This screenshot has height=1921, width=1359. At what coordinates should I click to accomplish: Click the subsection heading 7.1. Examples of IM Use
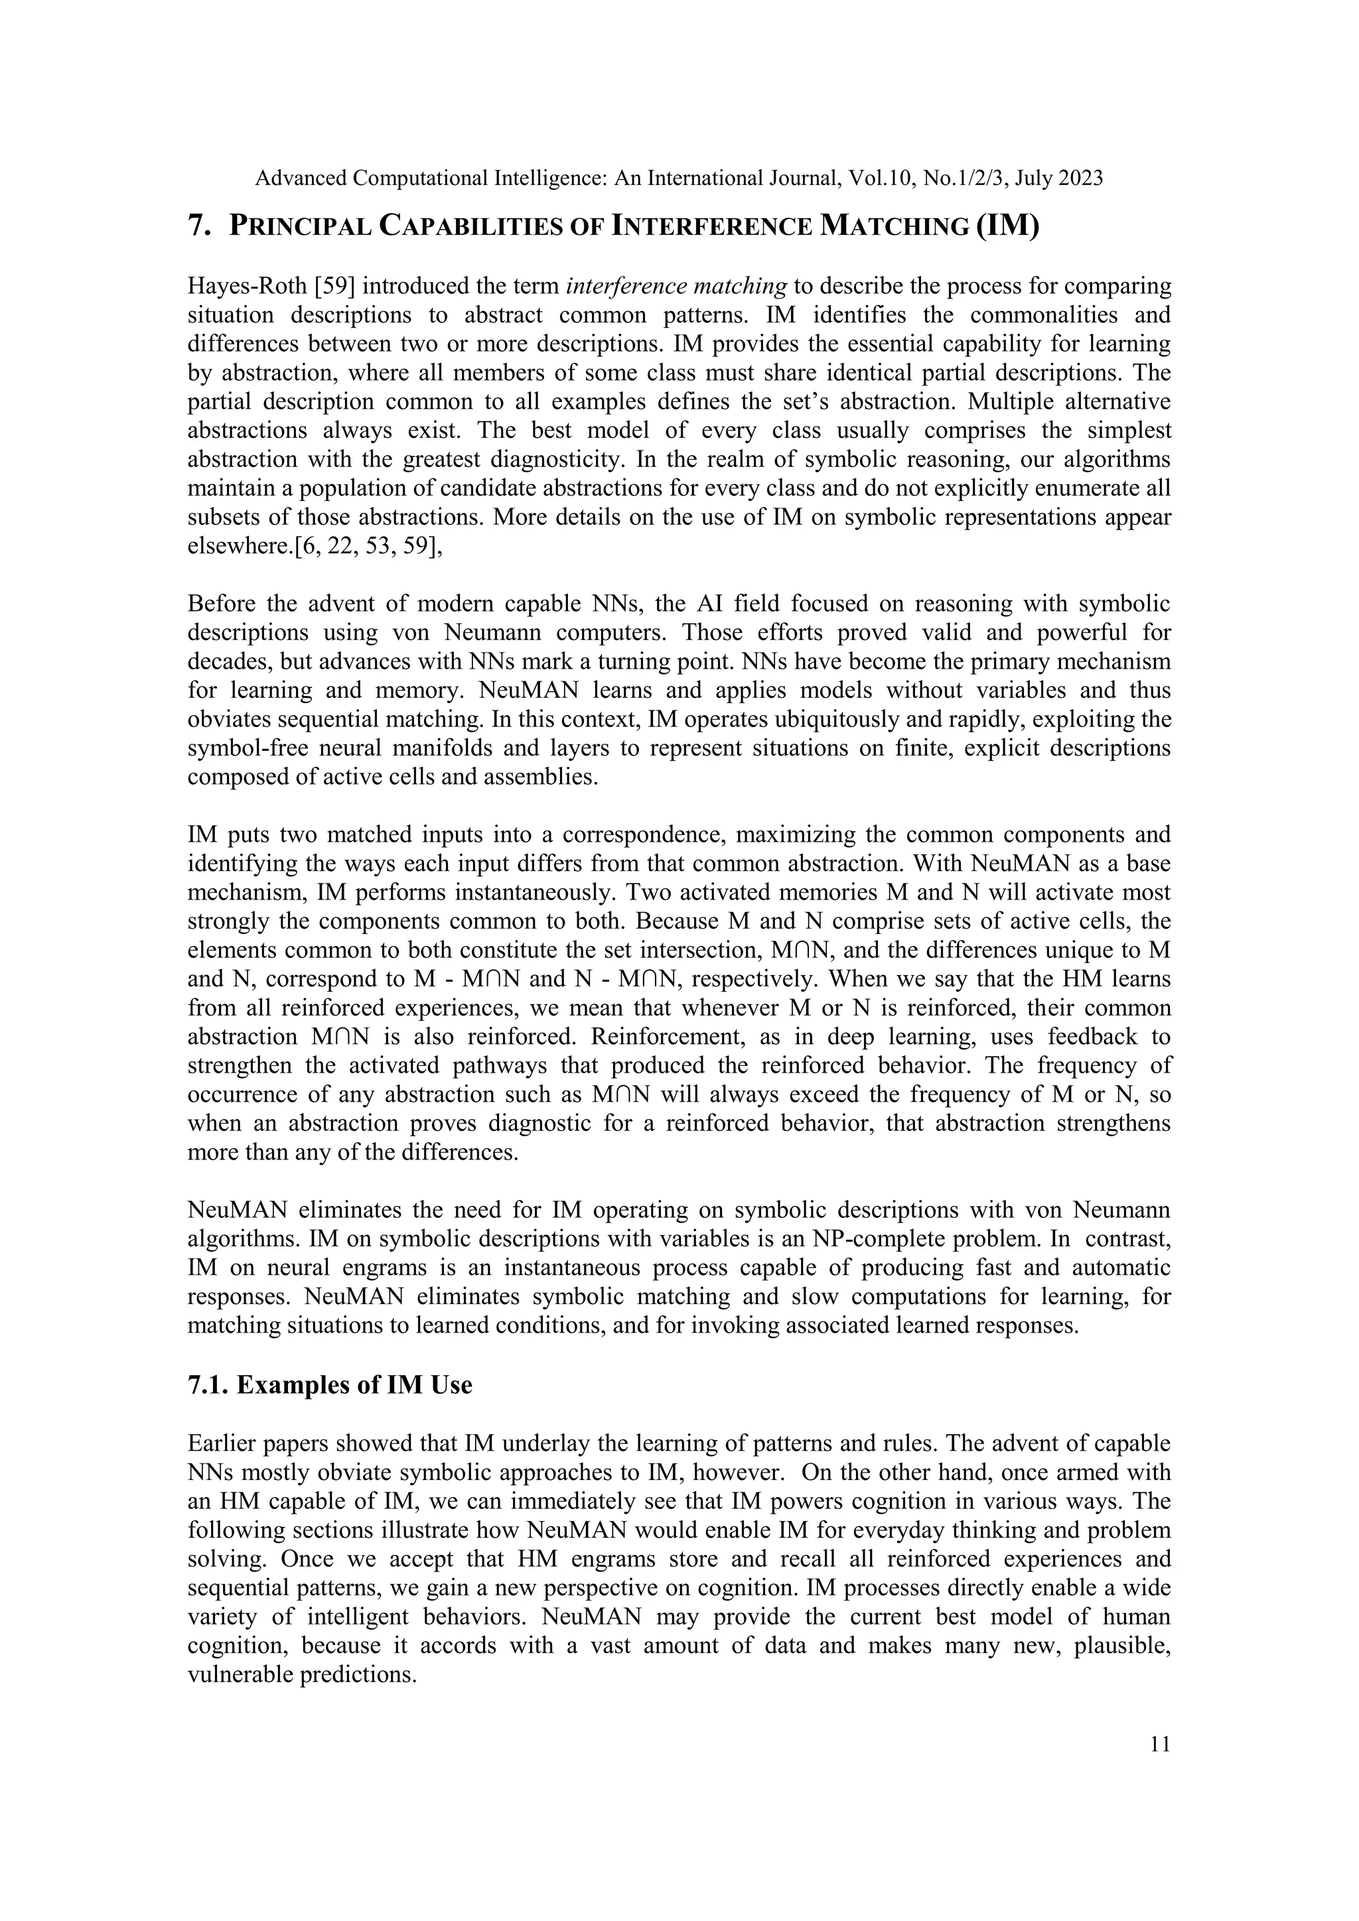[x=330, y=1384]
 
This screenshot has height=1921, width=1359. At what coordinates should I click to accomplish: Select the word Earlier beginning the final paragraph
[x=222, y=1444]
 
